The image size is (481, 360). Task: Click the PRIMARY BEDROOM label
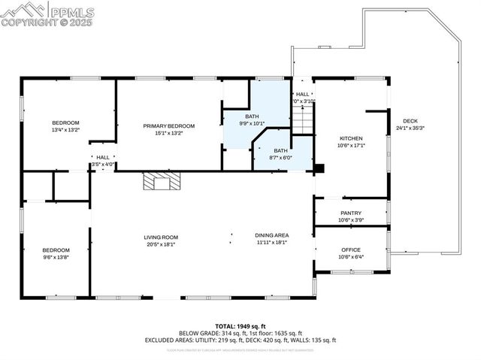169,126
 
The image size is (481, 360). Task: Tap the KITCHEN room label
351,138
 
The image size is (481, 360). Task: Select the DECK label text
410,121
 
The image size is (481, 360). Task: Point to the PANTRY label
351,213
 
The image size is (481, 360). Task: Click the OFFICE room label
351,250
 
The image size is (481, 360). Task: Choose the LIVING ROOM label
161,237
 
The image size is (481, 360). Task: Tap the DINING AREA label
271,235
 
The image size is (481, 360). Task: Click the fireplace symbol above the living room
162,180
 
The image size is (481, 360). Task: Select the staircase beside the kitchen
302,119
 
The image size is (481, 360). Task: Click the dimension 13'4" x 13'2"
65,129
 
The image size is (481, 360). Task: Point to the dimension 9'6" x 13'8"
56,257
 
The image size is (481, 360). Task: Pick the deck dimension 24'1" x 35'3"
410,128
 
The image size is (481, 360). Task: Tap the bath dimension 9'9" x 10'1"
253,123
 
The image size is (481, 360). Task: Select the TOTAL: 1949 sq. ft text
240,325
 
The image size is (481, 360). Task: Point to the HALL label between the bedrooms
103,157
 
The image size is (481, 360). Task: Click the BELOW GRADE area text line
240,333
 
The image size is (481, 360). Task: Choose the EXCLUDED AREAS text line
240,340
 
